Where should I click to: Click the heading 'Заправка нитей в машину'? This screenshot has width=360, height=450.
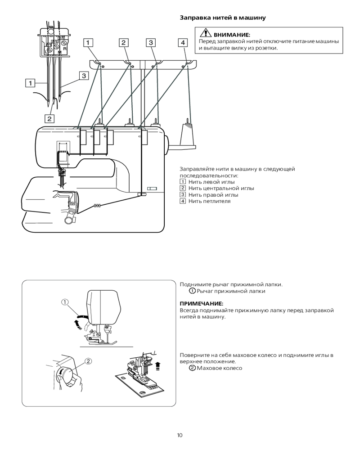pos(222,18)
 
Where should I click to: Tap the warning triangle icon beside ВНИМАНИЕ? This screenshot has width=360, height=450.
pos(206,33)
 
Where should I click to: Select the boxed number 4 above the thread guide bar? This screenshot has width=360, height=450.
pos(183,43)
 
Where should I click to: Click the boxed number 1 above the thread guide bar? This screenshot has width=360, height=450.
pos(88,43)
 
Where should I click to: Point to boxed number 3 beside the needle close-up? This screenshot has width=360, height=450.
pos(84,76)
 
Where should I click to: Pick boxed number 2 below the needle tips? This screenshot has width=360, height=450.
pos(49,118)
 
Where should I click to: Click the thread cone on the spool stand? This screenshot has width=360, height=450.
pos(188,134)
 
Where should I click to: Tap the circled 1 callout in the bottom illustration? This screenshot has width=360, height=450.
pos(65,302)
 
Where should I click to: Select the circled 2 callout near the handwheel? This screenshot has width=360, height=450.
pos(88,361)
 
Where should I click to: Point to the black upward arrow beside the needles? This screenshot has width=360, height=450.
pos(157,366)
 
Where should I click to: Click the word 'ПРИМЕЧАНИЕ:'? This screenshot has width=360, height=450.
pos(202,304)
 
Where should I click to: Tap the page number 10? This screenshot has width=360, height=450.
pos(180,435)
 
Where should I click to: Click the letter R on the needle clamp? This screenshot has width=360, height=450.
pos(65,49)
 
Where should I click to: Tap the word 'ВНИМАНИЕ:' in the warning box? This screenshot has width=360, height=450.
pos(232,35)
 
